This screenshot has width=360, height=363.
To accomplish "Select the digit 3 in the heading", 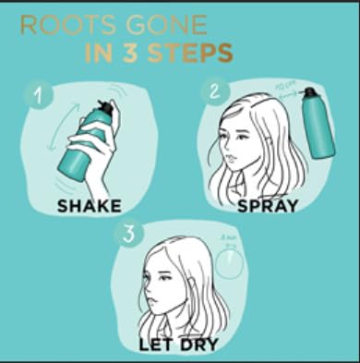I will click(x=126, y=53).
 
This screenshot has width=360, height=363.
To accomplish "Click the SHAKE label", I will click(x=90, y=204).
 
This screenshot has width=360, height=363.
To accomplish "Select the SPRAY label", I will click(x=267, y=204).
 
